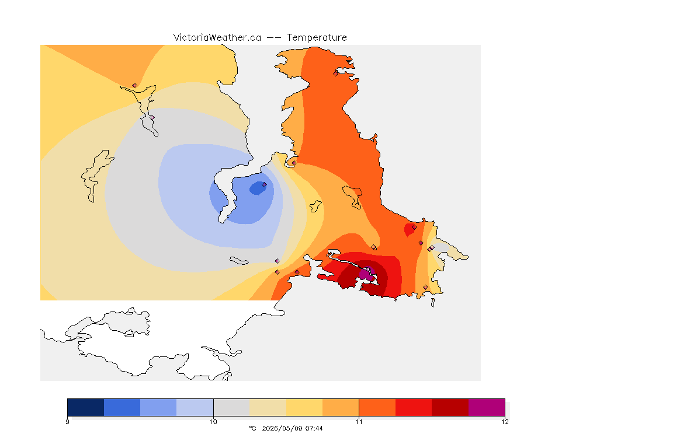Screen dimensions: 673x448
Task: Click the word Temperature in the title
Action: pos(317,38)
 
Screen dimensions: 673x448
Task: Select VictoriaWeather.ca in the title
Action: pos(217,38)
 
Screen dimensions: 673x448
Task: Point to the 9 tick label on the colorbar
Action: pos(67,422)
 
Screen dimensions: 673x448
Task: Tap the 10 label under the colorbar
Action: pos(213,422)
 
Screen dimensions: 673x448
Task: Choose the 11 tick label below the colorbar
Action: pos(359,422)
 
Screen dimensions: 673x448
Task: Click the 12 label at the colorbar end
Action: pos(505,422)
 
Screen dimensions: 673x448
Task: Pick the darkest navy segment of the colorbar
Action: pos(86,407)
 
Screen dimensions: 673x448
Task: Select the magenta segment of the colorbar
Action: pos(486,407)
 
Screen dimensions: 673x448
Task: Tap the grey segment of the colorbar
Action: pos(231,407)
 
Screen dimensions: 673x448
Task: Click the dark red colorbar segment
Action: pos(450,407)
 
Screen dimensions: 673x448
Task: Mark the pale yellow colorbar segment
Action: pos(268,407)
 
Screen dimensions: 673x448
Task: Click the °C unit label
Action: pos(252,428)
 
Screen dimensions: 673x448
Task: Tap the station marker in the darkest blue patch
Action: pos(265,185)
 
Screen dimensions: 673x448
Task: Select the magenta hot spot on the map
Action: pos(367,274)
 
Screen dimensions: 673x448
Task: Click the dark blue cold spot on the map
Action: pos(258,188)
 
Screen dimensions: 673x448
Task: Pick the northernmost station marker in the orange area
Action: pos(336,73)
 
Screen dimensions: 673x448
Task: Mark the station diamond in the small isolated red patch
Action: pos(414,228)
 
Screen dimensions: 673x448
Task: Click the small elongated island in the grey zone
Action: pos(239,261)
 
